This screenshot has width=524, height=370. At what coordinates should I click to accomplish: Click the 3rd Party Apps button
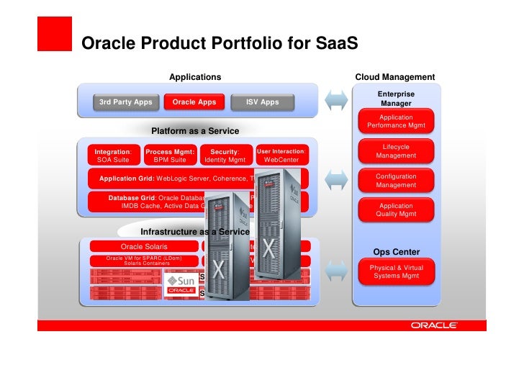pyautogui.click(x=125, y=102)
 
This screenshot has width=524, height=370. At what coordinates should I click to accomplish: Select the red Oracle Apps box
pyautogui.click(x=194, y=102)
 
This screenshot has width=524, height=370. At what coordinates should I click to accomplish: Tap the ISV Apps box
pyautogui.click(x=262, y=102)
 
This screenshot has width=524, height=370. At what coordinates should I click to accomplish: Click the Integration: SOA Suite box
pyautogui.click(x=112, y=155)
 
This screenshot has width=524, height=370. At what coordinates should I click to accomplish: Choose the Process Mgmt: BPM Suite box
pyautogui.click(x=170, y=155)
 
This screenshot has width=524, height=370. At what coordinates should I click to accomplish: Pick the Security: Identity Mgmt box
pyautogui.click(x=225, y=155)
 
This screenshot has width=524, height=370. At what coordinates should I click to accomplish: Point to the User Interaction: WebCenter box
pyautogui.click(x=281, y=155)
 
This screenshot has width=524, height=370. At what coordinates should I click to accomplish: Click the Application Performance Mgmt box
pyautogui.click(x=396, y=122)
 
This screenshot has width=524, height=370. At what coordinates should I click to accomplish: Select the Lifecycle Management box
pyautogui.click(x=396, y=151)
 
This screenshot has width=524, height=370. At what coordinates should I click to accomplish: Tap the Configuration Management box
pyautogui.click(x=396, y=181)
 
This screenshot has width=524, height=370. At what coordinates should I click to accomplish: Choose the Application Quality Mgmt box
pyautogui.click(x=396, y=209)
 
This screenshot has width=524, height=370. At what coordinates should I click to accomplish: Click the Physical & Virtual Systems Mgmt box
pyautogui.click(x=396, y=271)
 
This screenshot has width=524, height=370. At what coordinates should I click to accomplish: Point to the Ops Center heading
pyautogui.click(x=396, y=252)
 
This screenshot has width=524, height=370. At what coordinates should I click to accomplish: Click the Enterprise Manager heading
pyautogui.click(x=396, y=99)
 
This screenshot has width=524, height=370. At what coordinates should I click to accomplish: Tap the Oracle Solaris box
pyautogui.click(x=144, y=246)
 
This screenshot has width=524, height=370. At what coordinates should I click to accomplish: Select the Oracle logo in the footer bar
pyautogui.click(x=434, y=325)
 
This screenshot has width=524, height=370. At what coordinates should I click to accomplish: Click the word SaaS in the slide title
pyautogui.click(x=337, y=45)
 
